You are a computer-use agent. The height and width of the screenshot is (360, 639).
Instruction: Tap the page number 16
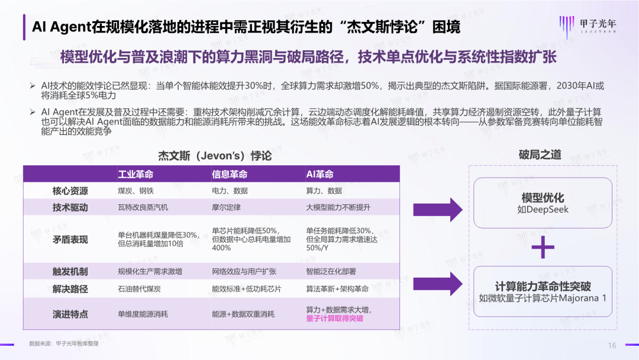(x=612, y=345)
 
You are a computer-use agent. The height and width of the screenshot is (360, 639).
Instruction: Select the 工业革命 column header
(x=135, y=174)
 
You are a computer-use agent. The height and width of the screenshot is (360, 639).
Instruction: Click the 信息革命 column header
(x=230, y=174)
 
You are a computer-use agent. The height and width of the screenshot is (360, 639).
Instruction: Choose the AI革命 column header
(x=319, y=174)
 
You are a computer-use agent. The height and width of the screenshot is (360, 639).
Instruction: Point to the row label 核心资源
(x=70, y=191)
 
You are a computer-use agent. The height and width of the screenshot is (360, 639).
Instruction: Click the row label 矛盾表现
(x=70, y=239)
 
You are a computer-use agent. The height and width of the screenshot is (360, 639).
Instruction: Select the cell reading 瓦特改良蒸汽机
(x=143, y=207)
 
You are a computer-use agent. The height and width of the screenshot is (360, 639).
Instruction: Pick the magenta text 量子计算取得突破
(x=334, y=319)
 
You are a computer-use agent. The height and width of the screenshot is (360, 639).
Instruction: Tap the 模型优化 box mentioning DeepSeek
(x=543, y=203)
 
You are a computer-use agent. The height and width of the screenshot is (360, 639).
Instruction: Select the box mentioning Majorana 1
(x=543, y=292)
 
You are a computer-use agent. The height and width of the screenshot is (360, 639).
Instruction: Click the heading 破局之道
(x=540, y=155)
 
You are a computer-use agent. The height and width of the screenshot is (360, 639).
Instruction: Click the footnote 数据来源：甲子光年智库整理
(x=64, y=343)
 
